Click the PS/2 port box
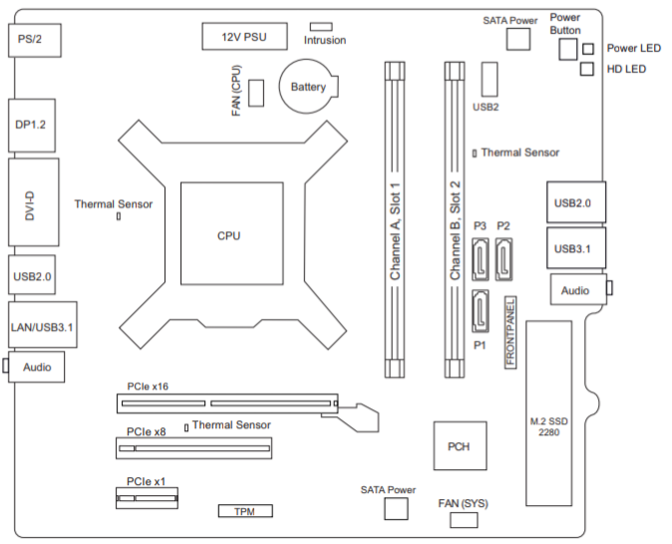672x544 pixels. pyautogui.click(x=35, y=40)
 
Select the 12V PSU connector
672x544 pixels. pyautogui.click(x=244, y=37)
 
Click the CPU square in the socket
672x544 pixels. pyautogui.click(x=232, y=233)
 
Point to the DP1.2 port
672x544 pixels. pyautogui.click(x=32, y=126)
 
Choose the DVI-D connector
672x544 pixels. pyautogui.click(x=34, y=202)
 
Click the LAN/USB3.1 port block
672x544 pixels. pyautogui.click(x=43, y=324)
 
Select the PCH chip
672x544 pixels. pyautogui.click(x=460, y=446)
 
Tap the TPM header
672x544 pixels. pyautogui.click(x=245, y=511)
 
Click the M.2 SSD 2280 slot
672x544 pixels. pyautogui.click(x=549, y=412)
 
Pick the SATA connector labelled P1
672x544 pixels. pyautogui.click(x=481, y=311)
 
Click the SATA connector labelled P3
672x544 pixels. pyautogui.click(x=481, y=259)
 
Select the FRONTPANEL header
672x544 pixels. pyautogui.click(x=510, y=333)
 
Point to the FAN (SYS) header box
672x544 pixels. pyautogui.click(x=464, y=520)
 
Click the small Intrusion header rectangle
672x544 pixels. pyautogui.click(x=321, y=27)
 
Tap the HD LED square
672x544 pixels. pyautogui.click(x=587, y=69)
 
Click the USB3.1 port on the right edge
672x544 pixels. pyautogui.click(x=576, y=248)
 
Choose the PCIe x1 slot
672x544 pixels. pyautogui.click(x=147, y=498)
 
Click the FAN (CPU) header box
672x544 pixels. pyautogui.click(x=256, y=93)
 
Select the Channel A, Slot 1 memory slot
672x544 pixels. pyautogui.click(x=395, y=220)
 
